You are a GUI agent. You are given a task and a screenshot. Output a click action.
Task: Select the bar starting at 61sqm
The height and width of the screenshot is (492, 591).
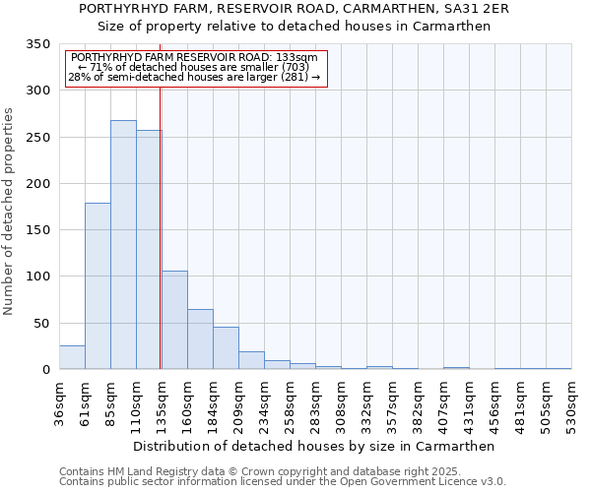[x=98, y=285]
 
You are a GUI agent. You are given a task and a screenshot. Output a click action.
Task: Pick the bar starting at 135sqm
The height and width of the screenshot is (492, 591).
[x=174, y=320]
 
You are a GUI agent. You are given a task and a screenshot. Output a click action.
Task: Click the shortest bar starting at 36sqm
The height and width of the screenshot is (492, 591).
[x=72, y=357]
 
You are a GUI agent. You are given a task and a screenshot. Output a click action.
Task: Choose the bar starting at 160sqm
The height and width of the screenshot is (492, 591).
[x=200, y=339]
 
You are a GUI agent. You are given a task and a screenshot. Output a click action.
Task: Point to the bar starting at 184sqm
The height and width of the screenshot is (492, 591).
[x=226, y=348]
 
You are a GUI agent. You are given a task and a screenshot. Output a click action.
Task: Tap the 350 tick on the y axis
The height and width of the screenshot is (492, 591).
[x=38, y=44]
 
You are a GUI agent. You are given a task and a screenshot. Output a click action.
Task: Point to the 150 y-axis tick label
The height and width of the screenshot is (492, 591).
[x=38, y=230]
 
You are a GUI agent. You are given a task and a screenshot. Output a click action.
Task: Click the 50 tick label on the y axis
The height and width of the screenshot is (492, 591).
[x=42, y=323]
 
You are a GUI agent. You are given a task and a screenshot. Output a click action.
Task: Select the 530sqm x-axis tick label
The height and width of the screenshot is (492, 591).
[x=571, y=403]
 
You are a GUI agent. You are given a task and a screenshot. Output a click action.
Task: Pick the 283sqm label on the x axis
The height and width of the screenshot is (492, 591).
[x=315, y=403]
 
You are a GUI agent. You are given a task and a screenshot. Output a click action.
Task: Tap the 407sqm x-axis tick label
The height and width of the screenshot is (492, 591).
[x=443, y=403]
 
